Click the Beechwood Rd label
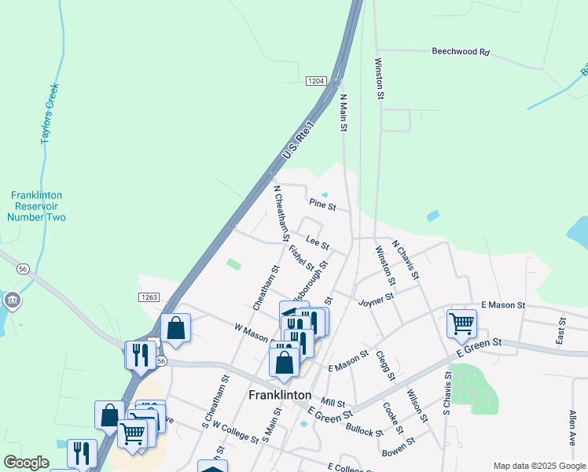(x=461, y=52)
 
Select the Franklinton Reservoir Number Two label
(x=38, y=206)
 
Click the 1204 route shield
(x=316, y=81)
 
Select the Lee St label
(x=318, y=244)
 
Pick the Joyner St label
(x=375, y=300)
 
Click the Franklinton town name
(x=280, y=395)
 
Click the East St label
(x=561, y=330)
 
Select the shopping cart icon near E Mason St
(x=461, y=322)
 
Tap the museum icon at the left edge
(x=12, y=301)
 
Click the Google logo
(x=26, y=463)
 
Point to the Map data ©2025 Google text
(x=538, y=466)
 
